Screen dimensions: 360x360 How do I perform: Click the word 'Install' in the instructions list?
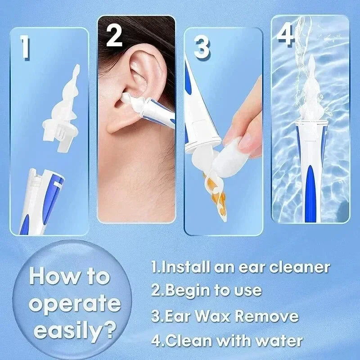pos(184,267)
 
